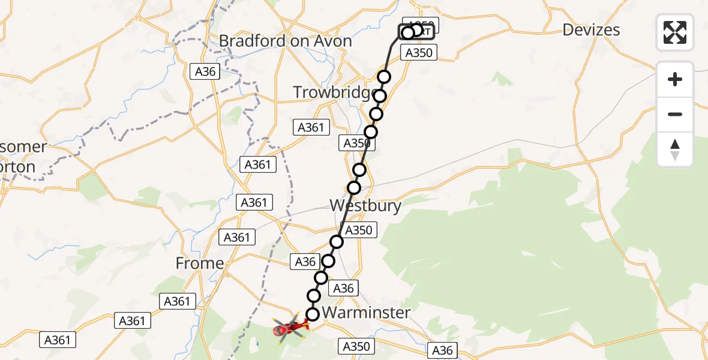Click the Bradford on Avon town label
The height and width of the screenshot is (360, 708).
coord(285,41)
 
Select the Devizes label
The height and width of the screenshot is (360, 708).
coord(592,30)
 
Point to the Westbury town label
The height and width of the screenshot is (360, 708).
coord(365,206)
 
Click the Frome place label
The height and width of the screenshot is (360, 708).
coord(200,263)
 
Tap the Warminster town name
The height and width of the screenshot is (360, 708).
coord(366,313)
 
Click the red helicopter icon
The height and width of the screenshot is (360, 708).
coord(291,327)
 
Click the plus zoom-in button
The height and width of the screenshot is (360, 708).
coord(675,79)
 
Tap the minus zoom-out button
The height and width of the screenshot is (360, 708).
coord(675,114)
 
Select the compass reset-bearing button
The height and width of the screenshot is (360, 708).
coord(675,149)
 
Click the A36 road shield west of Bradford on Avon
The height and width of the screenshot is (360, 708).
coord(205,72)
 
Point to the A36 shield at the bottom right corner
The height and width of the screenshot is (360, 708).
coord(442,350)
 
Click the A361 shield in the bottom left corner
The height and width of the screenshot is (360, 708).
coord(58,340)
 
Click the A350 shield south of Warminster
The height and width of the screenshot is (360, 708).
coord(356,346)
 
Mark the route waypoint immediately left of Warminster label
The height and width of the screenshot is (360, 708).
coord(313,314)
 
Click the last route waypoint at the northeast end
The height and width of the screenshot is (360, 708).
coord(416,30)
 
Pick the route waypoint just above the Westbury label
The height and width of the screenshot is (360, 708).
coord(354,188)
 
